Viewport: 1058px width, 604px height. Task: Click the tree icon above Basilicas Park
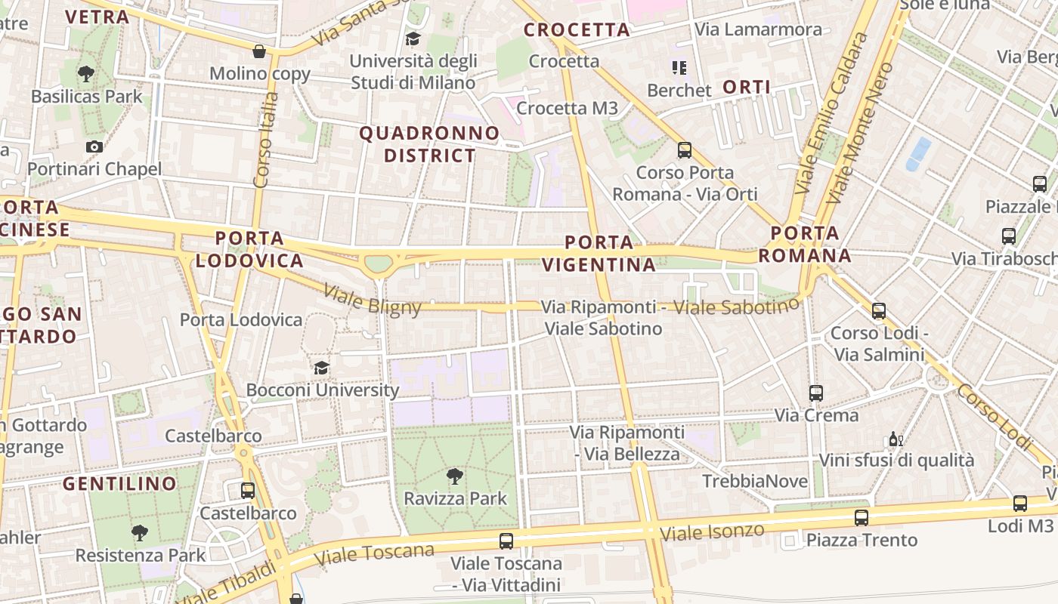click(x=86, y=73)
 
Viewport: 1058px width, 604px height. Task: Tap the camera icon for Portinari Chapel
click(x=94, y=146)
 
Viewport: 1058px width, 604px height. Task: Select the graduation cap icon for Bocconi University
click(x=322, y=368)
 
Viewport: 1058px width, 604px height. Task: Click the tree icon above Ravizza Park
click(x=454, y=476)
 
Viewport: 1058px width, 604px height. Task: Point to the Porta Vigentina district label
click(x=599, y=254)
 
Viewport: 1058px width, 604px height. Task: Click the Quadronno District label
click(x=429, y=144)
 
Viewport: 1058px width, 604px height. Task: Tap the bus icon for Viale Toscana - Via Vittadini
click(x=506, y=541)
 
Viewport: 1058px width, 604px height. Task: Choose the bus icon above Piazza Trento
click(x=861, y=517)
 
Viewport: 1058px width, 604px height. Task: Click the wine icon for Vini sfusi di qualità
click(x=896, y=439)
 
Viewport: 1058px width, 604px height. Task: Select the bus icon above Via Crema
click(x=815, y=393)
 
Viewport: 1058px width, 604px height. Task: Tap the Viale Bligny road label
click(x=372, y=298)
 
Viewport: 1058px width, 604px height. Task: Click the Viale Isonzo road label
click(x=712, y=532)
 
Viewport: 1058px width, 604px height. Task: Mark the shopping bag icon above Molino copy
click(x=259, y=51)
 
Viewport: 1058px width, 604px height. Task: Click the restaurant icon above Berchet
click(x=679, y=68)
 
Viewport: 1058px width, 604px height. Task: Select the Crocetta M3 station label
click(x=567, y=108)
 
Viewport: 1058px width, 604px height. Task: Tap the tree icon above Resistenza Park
click(x=140, y=532)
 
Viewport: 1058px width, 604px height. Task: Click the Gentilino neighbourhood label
click(x=119, y=483)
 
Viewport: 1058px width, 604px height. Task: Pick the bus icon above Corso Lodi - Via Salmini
click(x=878, y=310)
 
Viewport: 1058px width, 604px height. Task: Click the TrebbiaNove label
click(x=754, y=481)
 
